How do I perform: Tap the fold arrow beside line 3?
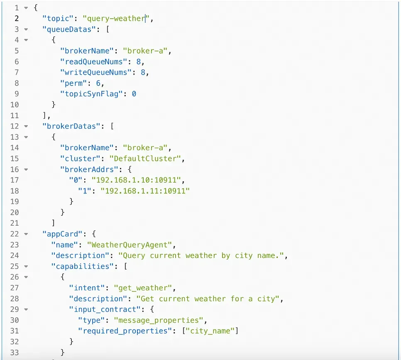26,29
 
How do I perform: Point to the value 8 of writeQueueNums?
143,72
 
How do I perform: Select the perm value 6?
98,83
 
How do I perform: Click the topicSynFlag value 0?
134,94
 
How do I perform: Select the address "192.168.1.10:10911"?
137,180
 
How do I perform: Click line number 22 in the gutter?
15,234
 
